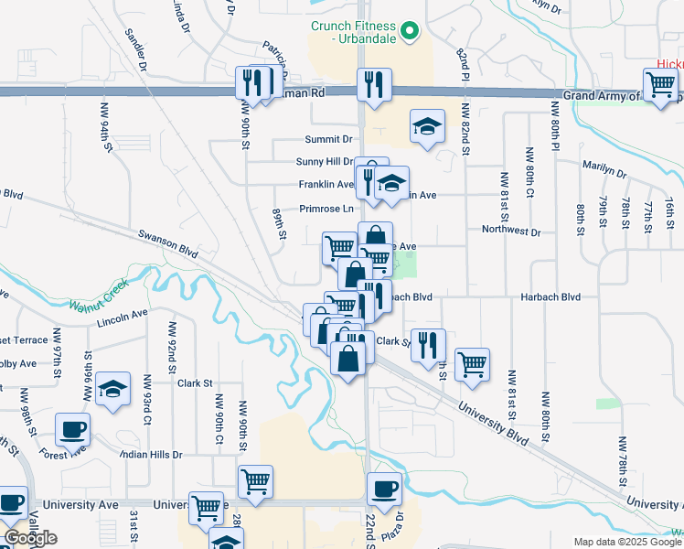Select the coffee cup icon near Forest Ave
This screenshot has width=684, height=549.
click(72, 430)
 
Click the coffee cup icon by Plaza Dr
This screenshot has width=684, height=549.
click(385, 490)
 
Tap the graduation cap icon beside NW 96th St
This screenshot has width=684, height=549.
click(112, 389)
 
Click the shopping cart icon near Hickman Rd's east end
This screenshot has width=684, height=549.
click(660, 86)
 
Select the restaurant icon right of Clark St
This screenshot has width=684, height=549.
click(428, 346)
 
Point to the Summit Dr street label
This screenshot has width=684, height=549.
click(328, 139)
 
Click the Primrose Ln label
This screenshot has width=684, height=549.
click(326, 209)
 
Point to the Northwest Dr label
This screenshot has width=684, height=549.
click(511, 231)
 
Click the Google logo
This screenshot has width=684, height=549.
click(30, 538)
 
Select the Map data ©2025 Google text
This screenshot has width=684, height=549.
click(626, 542)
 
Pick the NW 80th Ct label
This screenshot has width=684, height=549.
click(529, 174)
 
